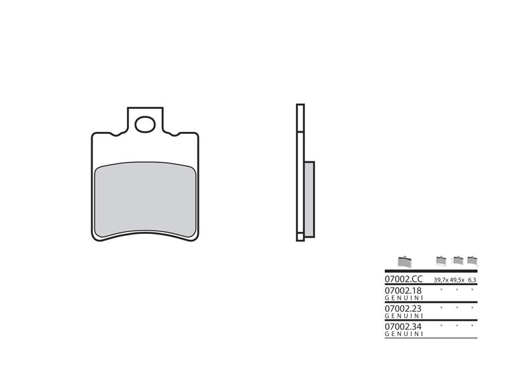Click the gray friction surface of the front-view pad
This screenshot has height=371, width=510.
point(145,198)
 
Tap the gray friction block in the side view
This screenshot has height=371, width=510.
point(309,197)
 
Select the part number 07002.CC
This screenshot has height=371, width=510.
point(404,279)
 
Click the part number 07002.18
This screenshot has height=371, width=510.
point(404,290)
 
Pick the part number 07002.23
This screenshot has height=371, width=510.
point(404,308)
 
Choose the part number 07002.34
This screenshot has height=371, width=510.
point(404,326)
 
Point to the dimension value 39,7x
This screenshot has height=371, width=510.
point(441,280)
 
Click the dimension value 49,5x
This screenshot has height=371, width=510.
point(456,280)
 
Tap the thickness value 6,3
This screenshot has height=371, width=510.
point(472,280)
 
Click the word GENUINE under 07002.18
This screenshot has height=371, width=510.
point(404,298)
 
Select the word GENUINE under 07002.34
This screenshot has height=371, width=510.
point(404,333)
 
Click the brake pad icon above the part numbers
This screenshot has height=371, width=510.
point(405,261)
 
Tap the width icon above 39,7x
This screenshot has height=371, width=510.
point(441,260)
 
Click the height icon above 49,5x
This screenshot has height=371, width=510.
point(457,260)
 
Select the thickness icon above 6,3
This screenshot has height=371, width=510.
point(472,260)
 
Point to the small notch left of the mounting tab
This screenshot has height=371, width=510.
point(115,134)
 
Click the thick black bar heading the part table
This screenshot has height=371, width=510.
point(431,272)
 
